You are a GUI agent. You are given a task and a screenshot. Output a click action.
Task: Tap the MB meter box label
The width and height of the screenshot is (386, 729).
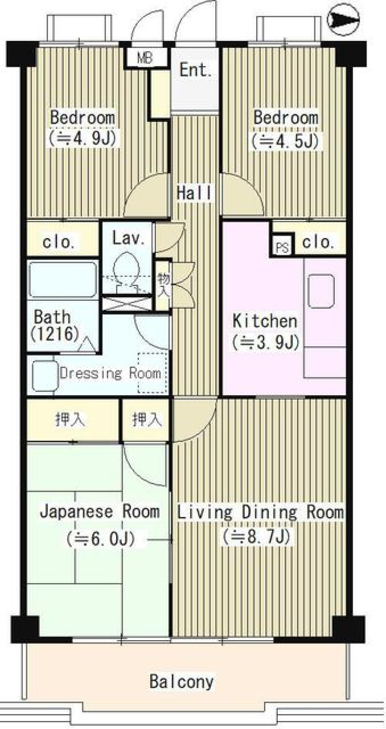pos(145,58)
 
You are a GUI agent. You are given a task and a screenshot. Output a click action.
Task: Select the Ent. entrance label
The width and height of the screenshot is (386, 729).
pos(195,70)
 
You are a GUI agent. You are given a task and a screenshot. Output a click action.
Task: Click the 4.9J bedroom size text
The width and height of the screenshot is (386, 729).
pos(82,139)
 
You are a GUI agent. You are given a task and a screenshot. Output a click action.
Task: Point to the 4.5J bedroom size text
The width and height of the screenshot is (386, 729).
pos(285,141)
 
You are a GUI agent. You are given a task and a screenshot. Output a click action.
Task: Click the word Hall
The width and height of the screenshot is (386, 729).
pos(194,193)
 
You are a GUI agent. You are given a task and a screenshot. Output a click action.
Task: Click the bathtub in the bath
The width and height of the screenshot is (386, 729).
pos(62,279)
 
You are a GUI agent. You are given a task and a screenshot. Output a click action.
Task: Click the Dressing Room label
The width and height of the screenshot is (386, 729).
pos(111,373)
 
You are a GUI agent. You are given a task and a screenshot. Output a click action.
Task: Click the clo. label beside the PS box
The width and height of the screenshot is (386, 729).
pos(318,242)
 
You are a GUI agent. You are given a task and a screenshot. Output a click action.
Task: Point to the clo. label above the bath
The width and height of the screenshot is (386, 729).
pos(59,242)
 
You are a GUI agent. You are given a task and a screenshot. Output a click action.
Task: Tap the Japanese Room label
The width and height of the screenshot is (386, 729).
pos(99,511)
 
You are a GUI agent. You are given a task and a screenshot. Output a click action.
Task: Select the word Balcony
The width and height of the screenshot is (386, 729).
pos(181,681)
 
